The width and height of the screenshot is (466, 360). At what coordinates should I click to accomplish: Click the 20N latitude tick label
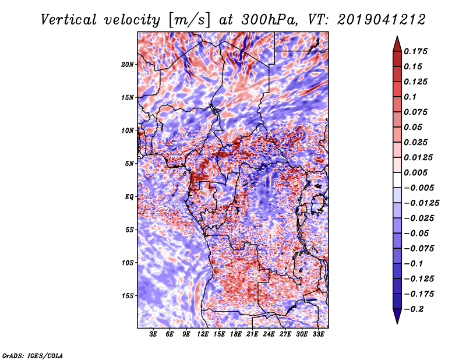(x=128, y=65)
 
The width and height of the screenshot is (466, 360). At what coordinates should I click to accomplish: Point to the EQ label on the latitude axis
(x=129, y=197)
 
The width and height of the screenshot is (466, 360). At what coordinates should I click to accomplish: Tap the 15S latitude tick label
(x=128, y=296)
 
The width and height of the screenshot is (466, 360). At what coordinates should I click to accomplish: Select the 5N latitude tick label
(x=129, y=164)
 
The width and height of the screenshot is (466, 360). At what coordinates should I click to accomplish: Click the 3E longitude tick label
(x=153, y=334)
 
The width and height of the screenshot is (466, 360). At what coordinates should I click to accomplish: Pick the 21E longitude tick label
(x=252, y=334)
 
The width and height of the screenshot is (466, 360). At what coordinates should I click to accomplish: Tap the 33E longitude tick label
(x=318, y=334)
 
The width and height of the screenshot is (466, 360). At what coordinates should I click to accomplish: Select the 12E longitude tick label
(x=202, y=334)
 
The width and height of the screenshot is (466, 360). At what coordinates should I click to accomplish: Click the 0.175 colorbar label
(x=415, y=51)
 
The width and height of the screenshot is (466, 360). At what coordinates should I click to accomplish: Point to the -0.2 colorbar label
(x=414, y=309)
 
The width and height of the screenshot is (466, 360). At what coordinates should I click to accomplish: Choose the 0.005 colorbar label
(x=415, y=172)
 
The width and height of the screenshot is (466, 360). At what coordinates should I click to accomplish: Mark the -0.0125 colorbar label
(x=421, y=203)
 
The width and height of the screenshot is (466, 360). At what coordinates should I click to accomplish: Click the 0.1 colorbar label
(x=410, y=97)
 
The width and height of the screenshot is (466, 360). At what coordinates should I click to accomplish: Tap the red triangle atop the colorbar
(x=397, y=44)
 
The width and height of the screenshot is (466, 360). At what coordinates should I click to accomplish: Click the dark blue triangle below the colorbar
(x=397, y=316)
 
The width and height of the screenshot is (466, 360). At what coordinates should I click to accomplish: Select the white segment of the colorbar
(x=397, y=180)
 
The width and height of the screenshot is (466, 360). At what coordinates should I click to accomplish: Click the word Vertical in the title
(x=68, y=20)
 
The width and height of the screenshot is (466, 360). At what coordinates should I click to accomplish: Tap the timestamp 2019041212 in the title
(x=382, y=20)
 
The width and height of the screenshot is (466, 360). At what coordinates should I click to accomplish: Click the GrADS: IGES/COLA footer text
(x=33, y=355)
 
